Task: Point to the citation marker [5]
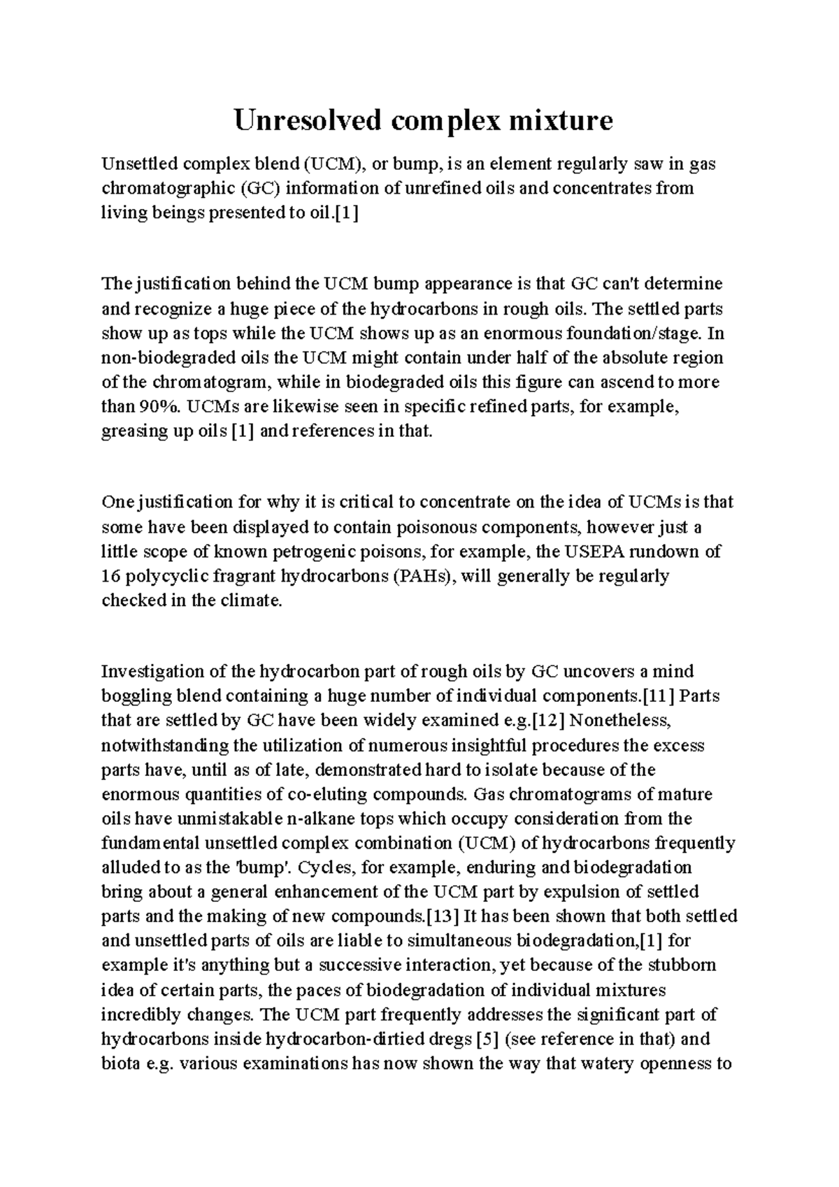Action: click(486, 1039)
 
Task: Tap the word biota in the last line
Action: click(121, 1063)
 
